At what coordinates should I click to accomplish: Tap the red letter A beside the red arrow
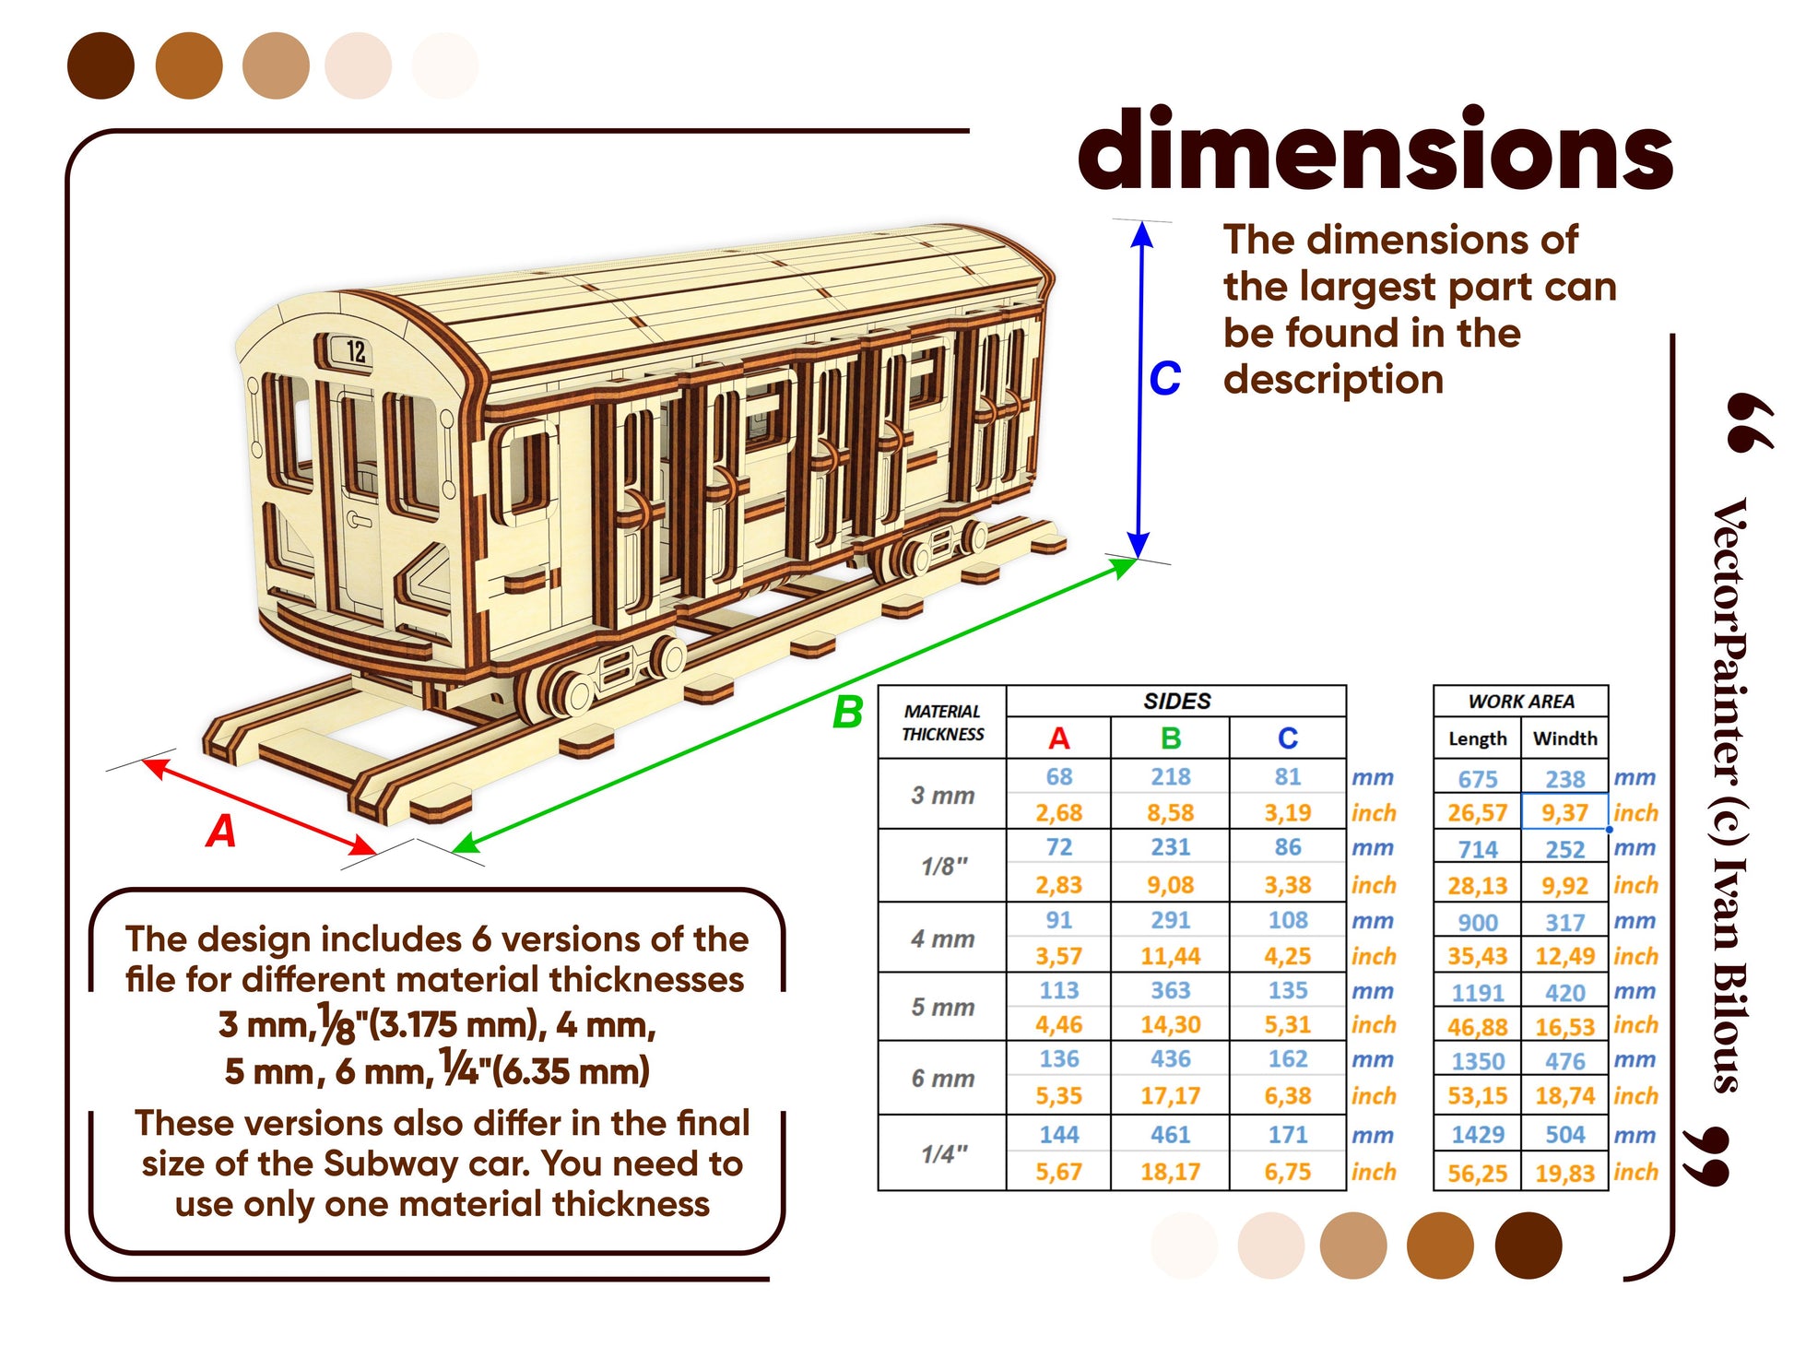[x=221, y=831]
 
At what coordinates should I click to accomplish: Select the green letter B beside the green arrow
[x=848, y=713]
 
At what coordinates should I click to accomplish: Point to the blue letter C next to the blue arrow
[x=1164, y=378]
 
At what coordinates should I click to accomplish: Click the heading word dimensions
[x=1375, y=150]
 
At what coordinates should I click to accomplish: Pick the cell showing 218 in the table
[x=1170, y=777]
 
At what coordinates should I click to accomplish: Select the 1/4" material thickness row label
[x=944, y=1153]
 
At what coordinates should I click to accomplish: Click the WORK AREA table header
[x=1521, y=702]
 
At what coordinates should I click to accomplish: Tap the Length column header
[x=1477, y=738]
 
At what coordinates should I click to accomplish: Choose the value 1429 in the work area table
[x=1477, y=1135]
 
